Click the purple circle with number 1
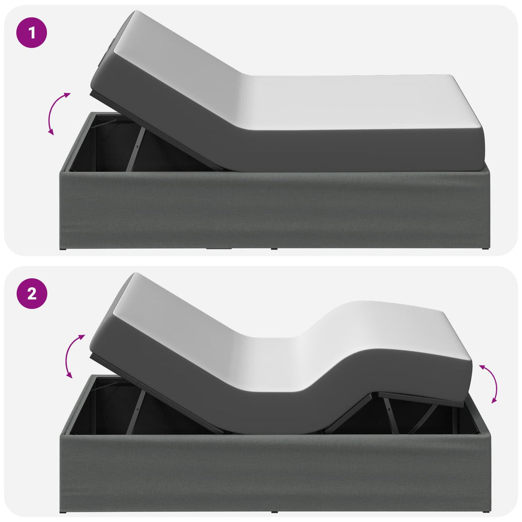click(32, 33)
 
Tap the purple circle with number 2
click(32, 294)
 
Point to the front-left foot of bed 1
click(63, 248)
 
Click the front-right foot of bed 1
click(485, 248)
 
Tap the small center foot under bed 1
click(274, 248)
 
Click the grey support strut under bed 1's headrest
click(136, 149)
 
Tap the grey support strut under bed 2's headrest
click(136, 412)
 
